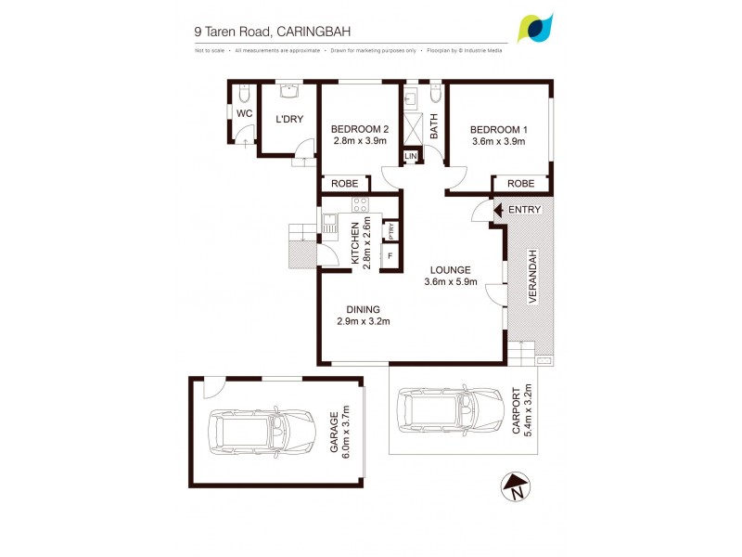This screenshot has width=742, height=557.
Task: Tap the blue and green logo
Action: [535, 28]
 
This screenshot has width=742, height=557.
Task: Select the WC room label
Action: [243, 113]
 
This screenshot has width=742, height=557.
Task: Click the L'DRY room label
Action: [289, 119]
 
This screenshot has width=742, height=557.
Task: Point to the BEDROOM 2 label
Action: [360, 129]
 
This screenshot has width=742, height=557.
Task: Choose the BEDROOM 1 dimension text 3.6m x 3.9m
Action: [498, 142]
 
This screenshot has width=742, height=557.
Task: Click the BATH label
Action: [433, 125]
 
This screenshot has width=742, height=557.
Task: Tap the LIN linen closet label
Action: [411, 157]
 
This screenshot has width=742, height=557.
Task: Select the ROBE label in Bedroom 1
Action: [519, 184]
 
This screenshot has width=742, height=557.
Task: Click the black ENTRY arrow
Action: [497, 210]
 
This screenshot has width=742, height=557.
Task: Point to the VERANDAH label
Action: [533, 276]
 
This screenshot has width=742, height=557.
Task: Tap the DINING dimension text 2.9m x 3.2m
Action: [364, 322]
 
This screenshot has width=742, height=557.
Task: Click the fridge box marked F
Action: [390, 254]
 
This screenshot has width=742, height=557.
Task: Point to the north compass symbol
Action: [514, 486]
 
